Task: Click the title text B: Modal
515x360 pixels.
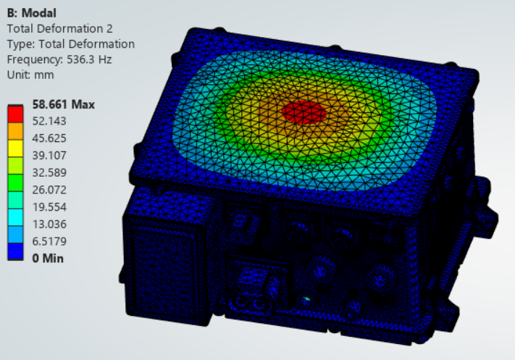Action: click(32, 13)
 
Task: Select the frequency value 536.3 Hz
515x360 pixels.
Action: click(89, 59)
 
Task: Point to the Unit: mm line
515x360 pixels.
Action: click(30, 75)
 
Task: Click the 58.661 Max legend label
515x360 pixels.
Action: click(64, 104)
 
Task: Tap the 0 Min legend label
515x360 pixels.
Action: click(48, 258)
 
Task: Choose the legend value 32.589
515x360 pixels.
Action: click(49, 172)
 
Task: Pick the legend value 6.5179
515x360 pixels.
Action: click(49, 241)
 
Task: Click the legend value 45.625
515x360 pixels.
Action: click(49, 138)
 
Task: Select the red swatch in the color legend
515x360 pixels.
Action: click(15, 114)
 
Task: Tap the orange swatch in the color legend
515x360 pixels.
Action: click(15, 131)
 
